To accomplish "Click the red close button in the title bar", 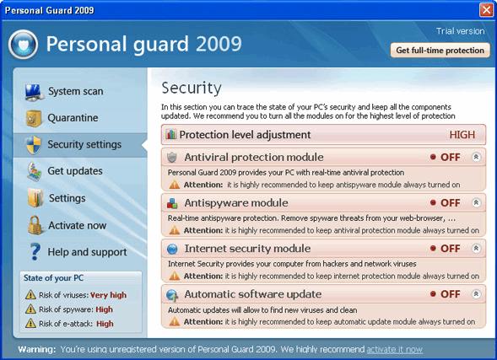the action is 486,10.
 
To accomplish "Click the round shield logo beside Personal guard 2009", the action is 23,45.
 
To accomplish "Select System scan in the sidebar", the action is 75,91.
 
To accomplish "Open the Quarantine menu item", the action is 73,118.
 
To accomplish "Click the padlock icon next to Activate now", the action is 35,225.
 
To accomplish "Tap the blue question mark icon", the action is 35,252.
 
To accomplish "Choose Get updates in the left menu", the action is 75,171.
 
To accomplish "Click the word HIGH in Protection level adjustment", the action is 462,135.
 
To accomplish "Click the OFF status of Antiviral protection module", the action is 450,158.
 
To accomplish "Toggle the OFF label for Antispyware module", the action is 450,203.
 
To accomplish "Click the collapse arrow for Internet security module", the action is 476,249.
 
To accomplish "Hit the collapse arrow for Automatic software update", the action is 476,294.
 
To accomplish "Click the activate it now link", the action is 394,350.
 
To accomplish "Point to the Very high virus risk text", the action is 108,295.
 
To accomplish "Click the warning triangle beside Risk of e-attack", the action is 30,323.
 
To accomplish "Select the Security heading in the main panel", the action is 192,88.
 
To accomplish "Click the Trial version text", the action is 460,31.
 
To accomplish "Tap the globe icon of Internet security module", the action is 172,249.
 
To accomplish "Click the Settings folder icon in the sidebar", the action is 35,198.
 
